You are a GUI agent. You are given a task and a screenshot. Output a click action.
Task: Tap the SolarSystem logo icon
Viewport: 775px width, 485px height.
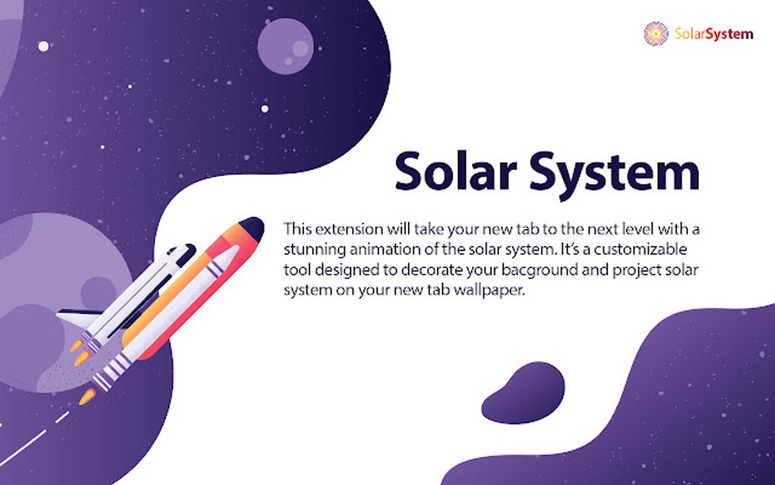click(656, 33)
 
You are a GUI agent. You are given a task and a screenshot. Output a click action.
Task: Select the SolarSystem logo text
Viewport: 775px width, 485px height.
click(713, 33)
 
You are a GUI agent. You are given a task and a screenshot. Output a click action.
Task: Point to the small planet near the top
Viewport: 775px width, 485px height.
click(285, 46)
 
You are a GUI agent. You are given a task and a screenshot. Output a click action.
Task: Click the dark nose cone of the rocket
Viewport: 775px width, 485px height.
click(251, 227)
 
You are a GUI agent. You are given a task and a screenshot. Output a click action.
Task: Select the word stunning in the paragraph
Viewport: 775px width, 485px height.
click(313, 249)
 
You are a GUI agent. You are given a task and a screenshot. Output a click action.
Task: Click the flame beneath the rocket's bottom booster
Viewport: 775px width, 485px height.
click(87, 395)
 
